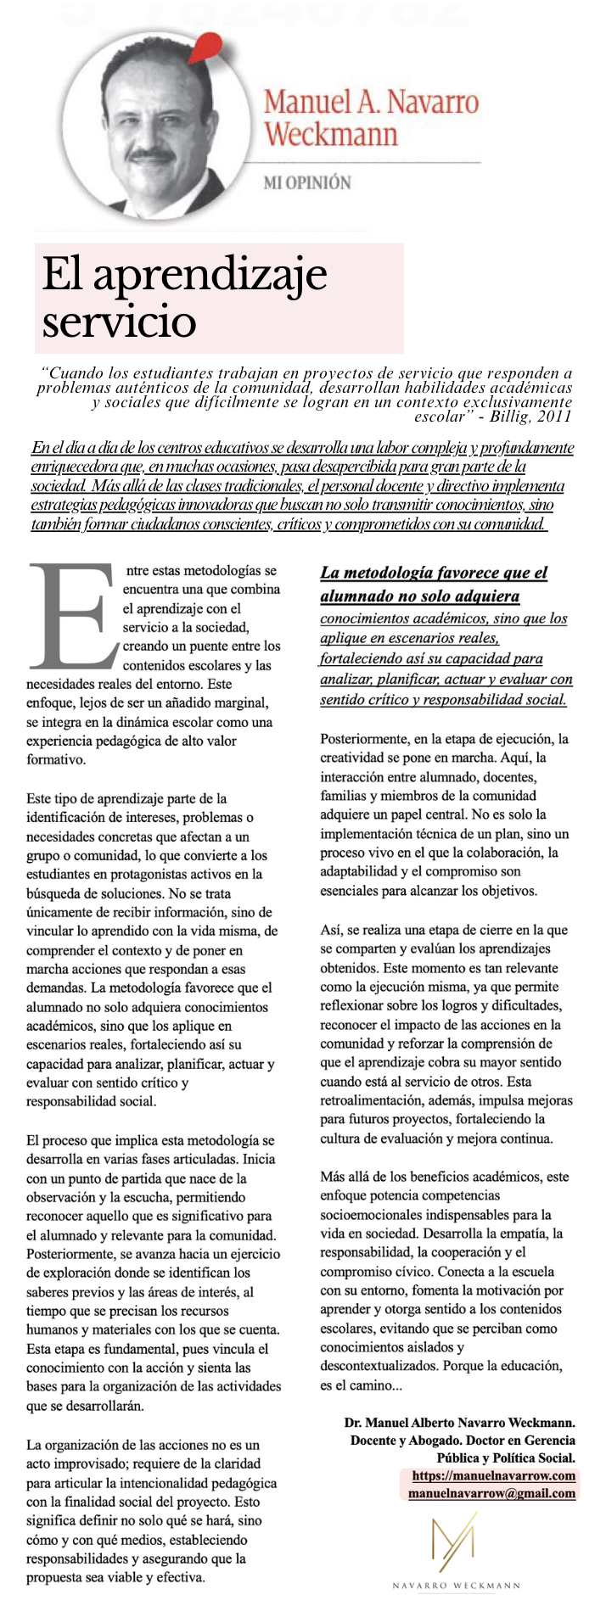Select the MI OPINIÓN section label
pyautogui.click(x=306, y=182)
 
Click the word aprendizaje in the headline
pyautogui.click(x=210, y=273)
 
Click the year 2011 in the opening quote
pyautogui.click(x=553, y=417)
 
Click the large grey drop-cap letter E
pyautogui.click(x=72, y=614)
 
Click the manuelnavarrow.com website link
pyautogui.click(x=493, y=1474)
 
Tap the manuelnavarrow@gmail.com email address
pyautogui.click(x=491, y=1492)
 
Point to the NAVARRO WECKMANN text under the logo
pyautogui.click(x=456, y=1585)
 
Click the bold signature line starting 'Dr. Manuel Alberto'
pyautogui.click(x=459, y=1422)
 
